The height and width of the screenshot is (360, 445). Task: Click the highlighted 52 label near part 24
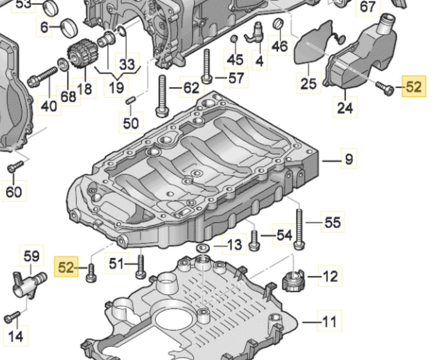point(414,87)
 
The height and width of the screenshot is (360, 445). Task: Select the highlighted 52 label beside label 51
point(66,267)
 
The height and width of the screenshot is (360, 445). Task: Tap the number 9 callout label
point(349,159)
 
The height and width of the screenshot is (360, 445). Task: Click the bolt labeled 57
point(206,67)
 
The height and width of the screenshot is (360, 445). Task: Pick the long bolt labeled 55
point(299,228)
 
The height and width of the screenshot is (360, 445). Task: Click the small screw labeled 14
point(12,317)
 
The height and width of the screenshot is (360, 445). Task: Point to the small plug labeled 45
point(234,39)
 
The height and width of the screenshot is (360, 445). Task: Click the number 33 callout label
point(127,64)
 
